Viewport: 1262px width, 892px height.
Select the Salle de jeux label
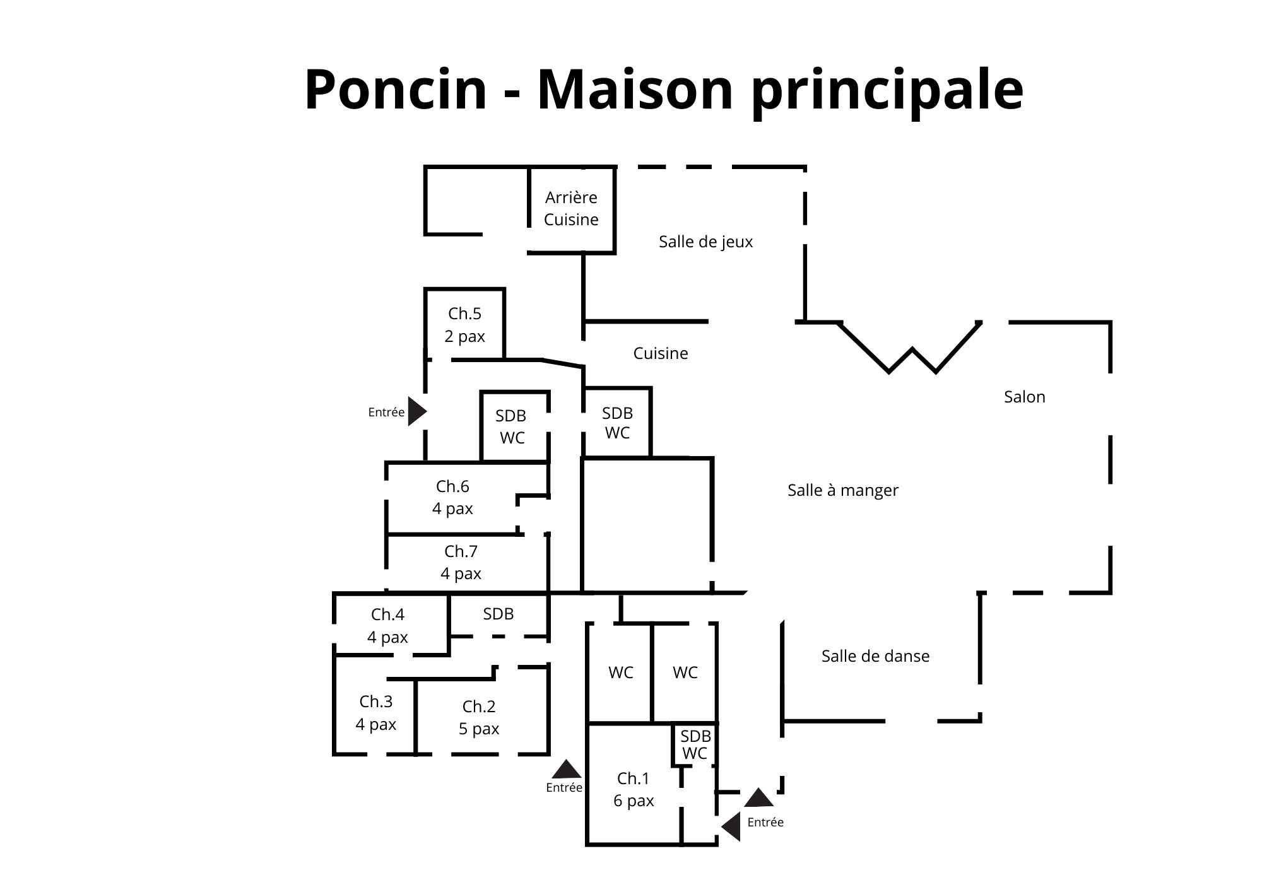705,242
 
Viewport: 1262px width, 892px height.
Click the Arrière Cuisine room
571,209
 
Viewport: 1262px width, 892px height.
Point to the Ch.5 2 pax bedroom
464,324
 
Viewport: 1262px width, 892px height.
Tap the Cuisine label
660,353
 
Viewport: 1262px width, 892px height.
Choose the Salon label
1024,397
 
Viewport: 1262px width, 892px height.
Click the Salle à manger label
842,490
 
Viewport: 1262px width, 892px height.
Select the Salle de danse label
875,656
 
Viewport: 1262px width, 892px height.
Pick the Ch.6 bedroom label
452,497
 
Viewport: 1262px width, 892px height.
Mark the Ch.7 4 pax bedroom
461,563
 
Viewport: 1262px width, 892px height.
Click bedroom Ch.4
388,626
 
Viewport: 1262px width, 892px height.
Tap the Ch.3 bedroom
375,713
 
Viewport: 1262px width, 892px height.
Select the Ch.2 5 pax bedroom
479,717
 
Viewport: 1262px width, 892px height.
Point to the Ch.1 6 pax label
634,790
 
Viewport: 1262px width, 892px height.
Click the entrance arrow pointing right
417,411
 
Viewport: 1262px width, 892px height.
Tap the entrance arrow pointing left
731,827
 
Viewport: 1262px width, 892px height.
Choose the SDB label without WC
498,614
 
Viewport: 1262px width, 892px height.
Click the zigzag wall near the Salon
911,346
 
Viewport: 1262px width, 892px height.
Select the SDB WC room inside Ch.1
694,745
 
